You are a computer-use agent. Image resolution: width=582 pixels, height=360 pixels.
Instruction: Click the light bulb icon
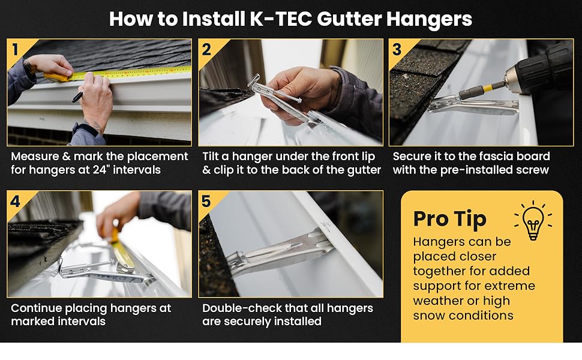tap(533, 220)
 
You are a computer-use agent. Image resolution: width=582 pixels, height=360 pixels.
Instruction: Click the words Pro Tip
tap(449, 220)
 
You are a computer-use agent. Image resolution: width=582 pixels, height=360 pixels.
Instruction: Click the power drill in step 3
tap(540, 72)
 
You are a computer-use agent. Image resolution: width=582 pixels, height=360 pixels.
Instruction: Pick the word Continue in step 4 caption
tap(36, 308)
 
